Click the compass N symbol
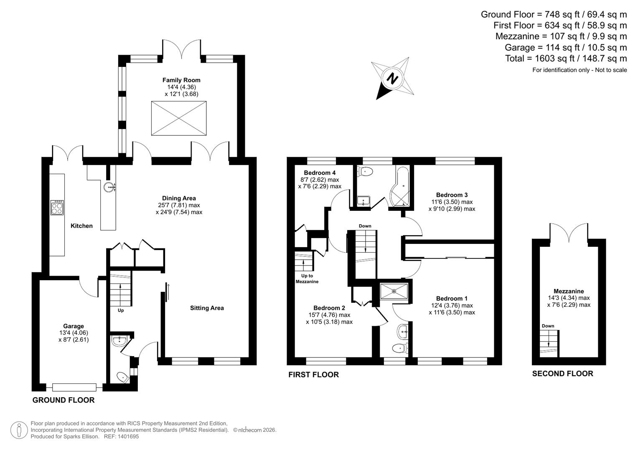point(392,78)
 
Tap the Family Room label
point(181,80)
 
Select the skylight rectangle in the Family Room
point(179,118)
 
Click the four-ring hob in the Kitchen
point(57,208)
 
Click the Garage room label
point(74,326)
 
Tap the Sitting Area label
point(207,308)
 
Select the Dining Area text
point(179,198)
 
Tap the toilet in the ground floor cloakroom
point(123,378)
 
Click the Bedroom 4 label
point(320,173)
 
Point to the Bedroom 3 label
point(452,195)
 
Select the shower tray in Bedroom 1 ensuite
point(394,291)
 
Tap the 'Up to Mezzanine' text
point(307,279)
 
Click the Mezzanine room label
point(569,291)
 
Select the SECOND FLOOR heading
point(562,374)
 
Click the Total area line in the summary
point(566,58)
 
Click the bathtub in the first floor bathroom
point(400,188)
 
